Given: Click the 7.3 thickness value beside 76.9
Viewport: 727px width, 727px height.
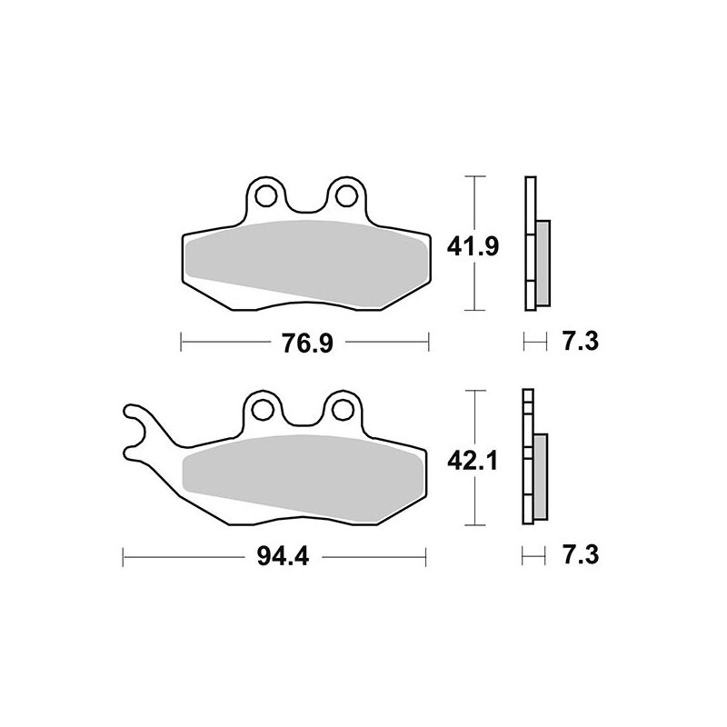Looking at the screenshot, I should coord(580,343).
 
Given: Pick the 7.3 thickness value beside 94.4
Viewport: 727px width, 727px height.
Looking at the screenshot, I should coord(580,553).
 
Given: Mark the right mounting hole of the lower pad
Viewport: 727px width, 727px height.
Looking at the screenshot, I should coord(343,408).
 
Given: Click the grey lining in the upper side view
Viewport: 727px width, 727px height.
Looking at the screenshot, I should coord(542,264).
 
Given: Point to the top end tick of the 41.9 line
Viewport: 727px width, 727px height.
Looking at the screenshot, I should coord(473,174).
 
